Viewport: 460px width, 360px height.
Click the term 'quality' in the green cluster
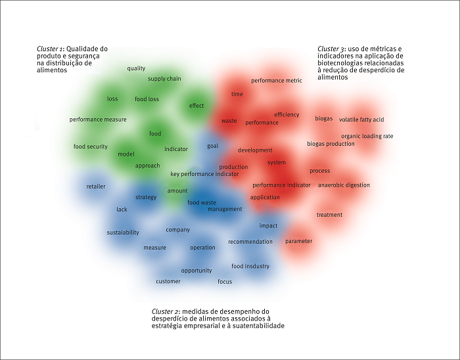point(136,68)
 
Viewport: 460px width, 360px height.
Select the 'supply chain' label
point(164,79)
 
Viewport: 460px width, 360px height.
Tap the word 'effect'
point(196,106)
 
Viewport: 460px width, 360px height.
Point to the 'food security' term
point(90,146)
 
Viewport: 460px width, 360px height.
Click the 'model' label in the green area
point(126,154)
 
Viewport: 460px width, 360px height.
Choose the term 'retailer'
point(95,187)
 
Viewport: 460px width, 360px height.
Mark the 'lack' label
point(122,210)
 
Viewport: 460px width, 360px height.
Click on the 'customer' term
point(168,281)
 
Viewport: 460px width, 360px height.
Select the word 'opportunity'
point(196,271)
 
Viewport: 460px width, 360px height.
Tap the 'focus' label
point(225,282)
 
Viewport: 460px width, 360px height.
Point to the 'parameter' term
point(298,241)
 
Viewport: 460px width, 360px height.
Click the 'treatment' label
point(329,215)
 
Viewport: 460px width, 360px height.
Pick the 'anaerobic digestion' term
point(344,185)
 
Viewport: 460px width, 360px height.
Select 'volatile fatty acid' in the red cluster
point(361,120)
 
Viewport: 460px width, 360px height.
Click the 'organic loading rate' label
point(367,136)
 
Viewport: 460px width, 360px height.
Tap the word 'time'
point(237,94)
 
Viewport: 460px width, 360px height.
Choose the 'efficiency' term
point(287,115)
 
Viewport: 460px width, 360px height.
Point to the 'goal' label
point(212,146)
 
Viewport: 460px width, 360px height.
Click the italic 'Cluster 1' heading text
point(51,49)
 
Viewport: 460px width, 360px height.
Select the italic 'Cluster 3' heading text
point(331,49)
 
